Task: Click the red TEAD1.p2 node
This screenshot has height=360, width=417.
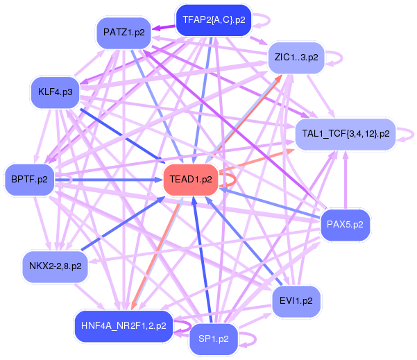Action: point(192,180)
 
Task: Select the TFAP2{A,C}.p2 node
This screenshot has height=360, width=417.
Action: point(212,20)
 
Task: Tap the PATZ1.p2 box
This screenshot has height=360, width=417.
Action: point(124,33)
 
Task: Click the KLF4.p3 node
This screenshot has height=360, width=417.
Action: point(56,92)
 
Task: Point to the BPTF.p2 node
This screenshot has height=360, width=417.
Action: point(29,180)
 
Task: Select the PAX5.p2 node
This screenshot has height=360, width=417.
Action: point(346,223)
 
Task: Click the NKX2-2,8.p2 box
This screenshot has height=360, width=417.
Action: point(55,265)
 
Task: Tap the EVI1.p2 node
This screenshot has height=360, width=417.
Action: point(296,301)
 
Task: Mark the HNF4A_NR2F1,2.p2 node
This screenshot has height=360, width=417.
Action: point(124,325)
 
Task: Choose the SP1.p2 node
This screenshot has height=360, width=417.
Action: point(214,339)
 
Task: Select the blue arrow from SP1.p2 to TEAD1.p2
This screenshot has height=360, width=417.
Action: point(204,264)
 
